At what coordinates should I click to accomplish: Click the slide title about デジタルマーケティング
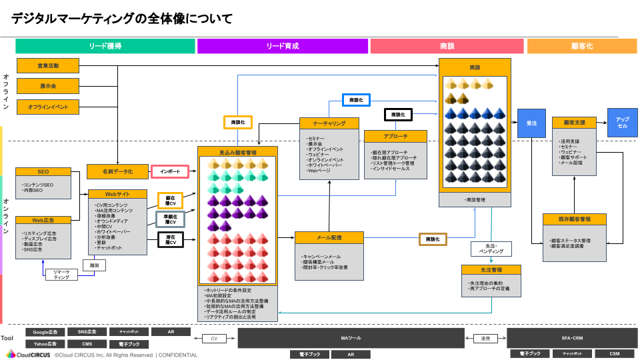tap(121, 19)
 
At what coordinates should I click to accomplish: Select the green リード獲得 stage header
tap(105, 46)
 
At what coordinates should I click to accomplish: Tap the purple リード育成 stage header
tap(282, 46)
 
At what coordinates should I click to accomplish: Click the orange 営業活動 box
tap(47, 65)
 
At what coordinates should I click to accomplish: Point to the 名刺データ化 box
tap(117, 171)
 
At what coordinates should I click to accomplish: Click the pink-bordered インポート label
tap(170, 171)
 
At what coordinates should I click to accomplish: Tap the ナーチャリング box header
tap(329, 123)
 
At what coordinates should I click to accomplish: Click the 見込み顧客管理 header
tap(237, 153)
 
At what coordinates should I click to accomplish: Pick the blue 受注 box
tap(531, 123)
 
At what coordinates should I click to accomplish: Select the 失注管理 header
tap(491, 270)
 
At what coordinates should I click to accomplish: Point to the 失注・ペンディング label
tap(487, 249)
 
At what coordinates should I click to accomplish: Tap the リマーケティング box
tap(62, 275)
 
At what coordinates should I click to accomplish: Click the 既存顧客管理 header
tap(574, 219)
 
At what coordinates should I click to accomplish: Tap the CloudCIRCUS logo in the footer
tap(33, 355)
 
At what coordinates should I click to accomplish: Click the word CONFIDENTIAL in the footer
tap(178, 355)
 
